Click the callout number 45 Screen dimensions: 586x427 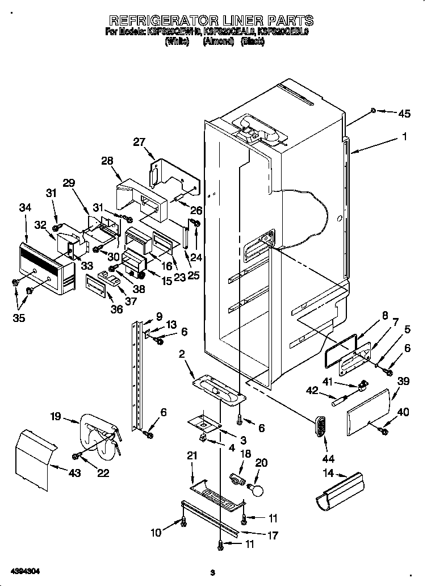pos(404,114)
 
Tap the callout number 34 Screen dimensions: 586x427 pos(25,208)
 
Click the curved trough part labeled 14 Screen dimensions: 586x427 pos(339,492)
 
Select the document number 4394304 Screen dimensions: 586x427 pos(24,570)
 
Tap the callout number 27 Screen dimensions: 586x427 pos(139,142)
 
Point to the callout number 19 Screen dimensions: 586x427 pos(55,416)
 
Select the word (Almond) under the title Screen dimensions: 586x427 pos(219,41)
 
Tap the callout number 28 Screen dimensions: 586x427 pos(107,161)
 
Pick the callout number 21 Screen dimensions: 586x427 pos(191,456)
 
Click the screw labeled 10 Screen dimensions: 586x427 pos(183,521)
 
